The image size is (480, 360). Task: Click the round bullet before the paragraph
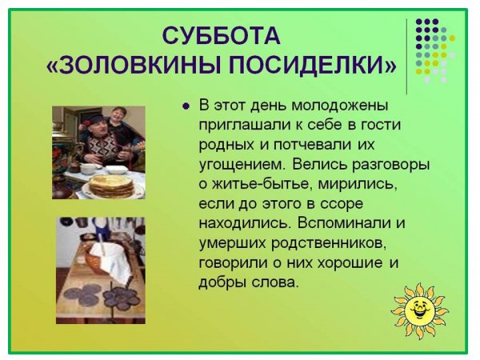click(186, 106)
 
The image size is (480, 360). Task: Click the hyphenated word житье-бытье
click(258, 183)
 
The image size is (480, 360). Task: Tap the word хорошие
click(356, 262)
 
